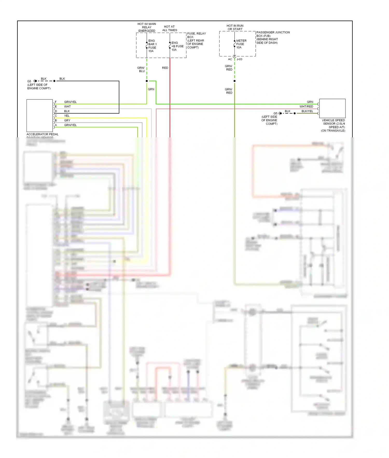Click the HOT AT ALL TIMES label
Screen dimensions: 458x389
pos(170,28)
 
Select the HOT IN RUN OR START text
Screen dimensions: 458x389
pos(235,27)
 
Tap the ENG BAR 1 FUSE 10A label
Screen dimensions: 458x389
pos(152,46)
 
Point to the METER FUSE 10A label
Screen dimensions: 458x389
pos(241,44)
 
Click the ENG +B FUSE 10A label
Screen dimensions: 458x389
pos(177,46)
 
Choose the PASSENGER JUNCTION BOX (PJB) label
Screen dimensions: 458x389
pos(273,34)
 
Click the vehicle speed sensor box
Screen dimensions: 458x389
pos(332,108)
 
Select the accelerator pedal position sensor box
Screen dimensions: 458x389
pos(40,116)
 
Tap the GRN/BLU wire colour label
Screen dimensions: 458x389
pos(141,69)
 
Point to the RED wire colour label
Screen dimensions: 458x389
pos(165,68)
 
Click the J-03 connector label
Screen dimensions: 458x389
pos(239,59)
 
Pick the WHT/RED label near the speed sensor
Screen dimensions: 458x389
pos(306,106)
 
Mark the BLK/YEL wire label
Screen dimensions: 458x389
pos(307,111)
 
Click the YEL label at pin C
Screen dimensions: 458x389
pos(67,116)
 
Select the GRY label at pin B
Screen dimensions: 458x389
pos(67,120)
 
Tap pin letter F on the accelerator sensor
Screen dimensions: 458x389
pos(56,102)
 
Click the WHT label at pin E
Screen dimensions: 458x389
pos(67,106)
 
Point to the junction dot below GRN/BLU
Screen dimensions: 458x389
pos(147,81)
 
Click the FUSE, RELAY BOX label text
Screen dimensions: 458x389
pos(196,35)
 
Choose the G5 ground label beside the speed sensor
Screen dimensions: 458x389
pos(275,113)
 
